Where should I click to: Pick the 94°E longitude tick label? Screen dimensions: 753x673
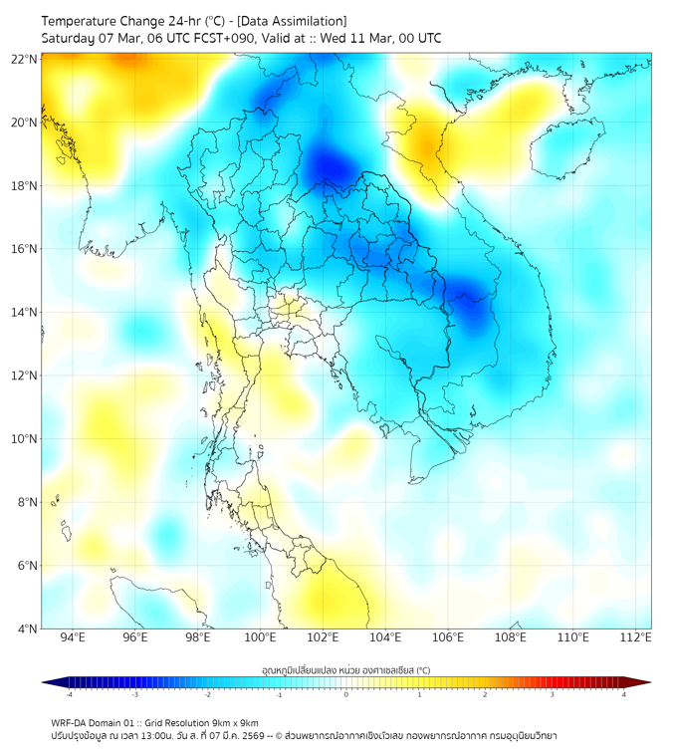73,637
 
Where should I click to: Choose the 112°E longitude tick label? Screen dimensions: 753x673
636,637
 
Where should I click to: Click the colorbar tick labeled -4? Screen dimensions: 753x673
68,694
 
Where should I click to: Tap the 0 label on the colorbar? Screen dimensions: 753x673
346,694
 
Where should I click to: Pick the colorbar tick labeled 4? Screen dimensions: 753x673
624,694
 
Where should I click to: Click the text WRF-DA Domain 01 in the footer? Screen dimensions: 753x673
96,722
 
